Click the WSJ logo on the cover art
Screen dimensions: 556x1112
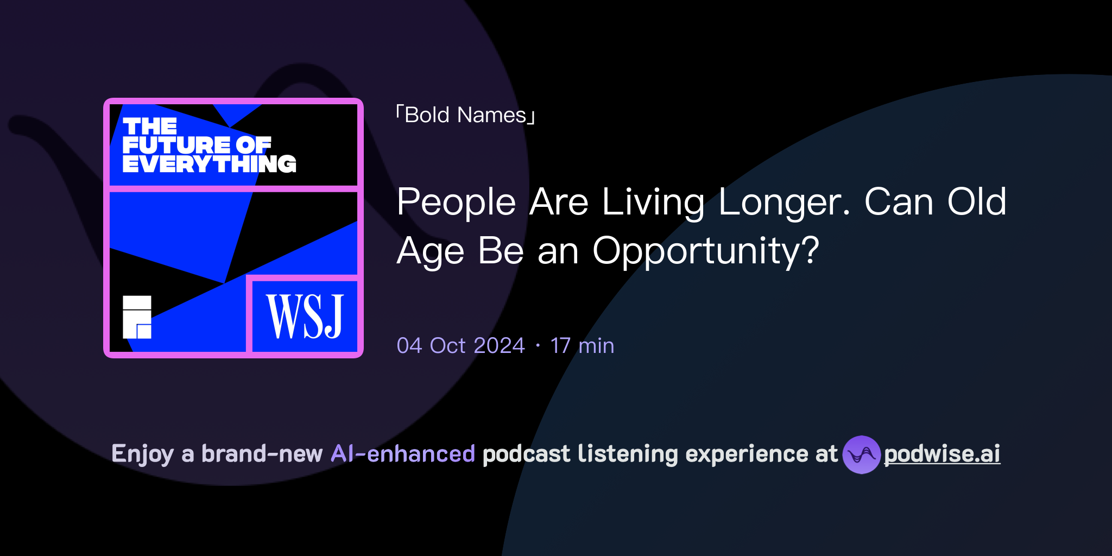(x=305, y=316)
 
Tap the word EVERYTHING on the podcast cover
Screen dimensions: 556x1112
(x=209, y=164)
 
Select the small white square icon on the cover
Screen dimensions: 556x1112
(x=137, y=317)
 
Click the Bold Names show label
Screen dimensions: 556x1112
(x=465, y=115)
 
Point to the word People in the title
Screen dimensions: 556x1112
(x=456, y=202)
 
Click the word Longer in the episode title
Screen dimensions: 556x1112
(x=784, y=202)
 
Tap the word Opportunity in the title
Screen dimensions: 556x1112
(x=705, y=251)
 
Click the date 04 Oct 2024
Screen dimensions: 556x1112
(x=460, y=346)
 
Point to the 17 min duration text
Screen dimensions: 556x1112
(x=582, y=346)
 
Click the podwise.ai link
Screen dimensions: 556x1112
(x=942, y=454)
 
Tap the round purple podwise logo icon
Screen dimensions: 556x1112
(x=861, y=454)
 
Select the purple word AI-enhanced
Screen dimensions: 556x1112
(x=403, y=454)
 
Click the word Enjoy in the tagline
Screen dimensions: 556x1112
(x=142, y=454)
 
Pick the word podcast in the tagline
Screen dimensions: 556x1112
(x=526, y=454)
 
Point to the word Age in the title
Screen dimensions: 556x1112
(x=431, y=251)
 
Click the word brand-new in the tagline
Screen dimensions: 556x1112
(x=262, y=454)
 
